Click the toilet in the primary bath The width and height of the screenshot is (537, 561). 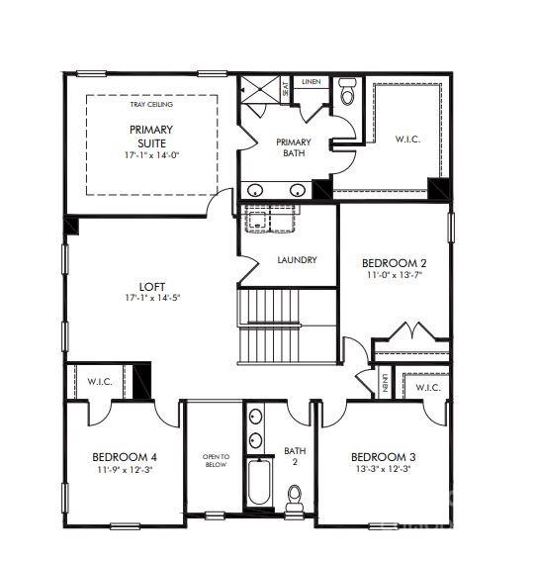click(346, 92)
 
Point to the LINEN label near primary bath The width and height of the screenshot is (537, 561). click(311, 81)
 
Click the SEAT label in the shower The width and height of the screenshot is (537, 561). click(285, 89)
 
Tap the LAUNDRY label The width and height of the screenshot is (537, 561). click(297, 260)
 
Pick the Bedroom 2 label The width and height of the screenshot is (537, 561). click(394, 261)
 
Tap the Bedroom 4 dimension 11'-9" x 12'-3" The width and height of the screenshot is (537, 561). click(124, 470)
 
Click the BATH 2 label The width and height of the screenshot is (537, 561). click(294, 455)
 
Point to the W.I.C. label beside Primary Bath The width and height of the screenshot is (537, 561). click(407, 140)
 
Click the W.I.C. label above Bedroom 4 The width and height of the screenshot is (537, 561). click(100, 380)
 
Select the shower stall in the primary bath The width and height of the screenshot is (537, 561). click(259, 92)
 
